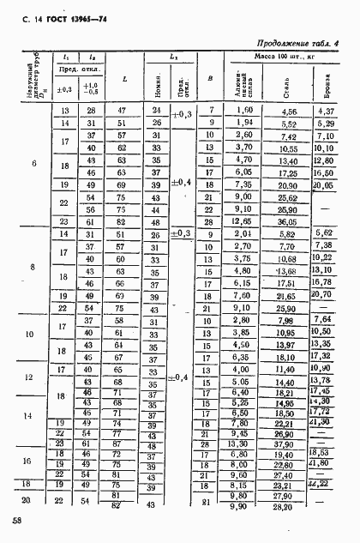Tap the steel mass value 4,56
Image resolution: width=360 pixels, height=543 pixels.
click(289, 112)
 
